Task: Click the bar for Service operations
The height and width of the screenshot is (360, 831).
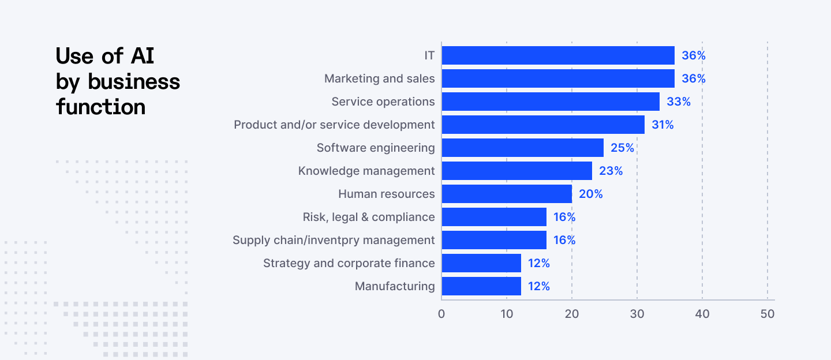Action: [x=551, y=102]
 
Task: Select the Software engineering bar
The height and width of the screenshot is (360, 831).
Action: [x=522, y=148]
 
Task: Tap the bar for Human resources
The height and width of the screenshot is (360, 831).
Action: [x=507, y=194]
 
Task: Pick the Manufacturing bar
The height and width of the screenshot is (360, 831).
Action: [x=481, y=286]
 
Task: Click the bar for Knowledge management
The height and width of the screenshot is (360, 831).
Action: [x=516, y=171]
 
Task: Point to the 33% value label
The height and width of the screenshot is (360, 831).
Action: [x=679, y=102]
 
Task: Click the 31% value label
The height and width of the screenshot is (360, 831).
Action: [x=662, y=125]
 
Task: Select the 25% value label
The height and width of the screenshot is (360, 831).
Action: [x=622, y=148]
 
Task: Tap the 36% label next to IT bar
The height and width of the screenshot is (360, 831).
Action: [x=694, y=55]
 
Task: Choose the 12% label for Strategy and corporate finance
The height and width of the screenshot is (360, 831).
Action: [x=538, y=263]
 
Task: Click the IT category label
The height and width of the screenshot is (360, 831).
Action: [x=429, y=55]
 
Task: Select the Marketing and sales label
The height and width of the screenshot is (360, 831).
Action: [x=379, y=78]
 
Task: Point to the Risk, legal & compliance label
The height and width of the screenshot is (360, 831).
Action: [x=369, y=217]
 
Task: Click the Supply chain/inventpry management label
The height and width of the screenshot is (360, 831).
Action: [x=334, y=240]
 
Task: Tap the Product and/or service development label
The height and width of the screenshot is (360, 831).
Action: [x=334, y=125]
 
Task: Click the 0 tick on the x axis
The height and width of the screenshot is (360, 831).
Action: [x=441, y=314]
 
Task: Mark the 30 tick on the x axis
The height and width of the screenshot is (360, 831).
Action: [x=637, y=314]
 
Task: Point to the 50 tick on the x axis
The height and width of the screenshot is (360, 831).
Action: [x=768, y=314]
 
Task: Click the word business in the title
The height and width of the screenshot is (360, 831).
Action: [x=134, y=82]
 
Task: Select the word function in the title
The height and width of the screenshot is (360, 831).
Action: [x=100, y=107]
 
